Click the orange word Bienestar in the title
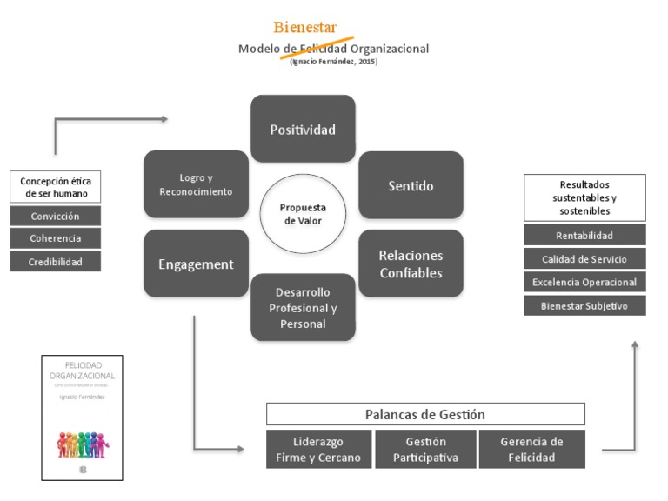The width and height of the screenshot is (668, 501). click(x=305, y=28)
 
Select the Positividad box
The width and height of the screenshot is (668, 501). click(x=303, y=129)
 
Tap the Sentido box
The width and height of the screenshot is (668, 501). click(x=411, y=185)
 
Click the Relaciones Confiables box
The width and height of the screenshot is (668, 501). click(x=411, y=264)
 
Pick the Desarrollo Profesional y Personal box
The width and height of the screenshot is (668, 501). click(x=303, y=307)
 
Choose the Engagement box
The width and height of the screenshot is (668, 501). click(x=196, y=264)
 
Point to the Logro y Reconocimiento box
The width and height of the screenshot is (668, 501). click(x=196, y=184)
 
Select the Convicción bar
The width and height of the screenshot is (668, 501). click(x=55, y=216)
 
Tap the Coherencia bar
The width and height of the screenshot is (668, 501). click(x=55, y=238)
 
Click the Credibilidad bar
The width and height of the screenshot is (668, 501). click(x=55, y=261)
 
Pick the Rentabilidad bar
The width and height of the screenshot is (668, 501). click(x=584, y=235)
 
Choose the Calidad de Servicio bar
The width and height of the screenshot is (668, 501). click(x=584, y=258)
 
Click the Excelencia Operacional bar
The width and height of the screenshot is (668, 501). click(x=584, y=282)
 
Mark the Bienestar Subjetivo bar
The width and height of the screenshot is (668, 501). click(x=584, y=305)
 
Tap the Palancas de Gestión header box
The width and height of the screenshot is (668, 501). click(x=425, y=414)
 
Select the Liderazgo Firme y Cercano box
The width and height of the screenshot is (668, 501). click(x=317, y=450)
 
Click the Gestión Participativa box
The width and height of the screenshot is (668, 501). click(x=425, y=450)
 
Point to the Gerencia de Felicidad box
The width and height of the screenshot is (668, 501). click(x=531, y=450)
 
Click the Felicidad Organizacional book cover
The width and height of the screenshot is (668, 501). click(x=83, y=417)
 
